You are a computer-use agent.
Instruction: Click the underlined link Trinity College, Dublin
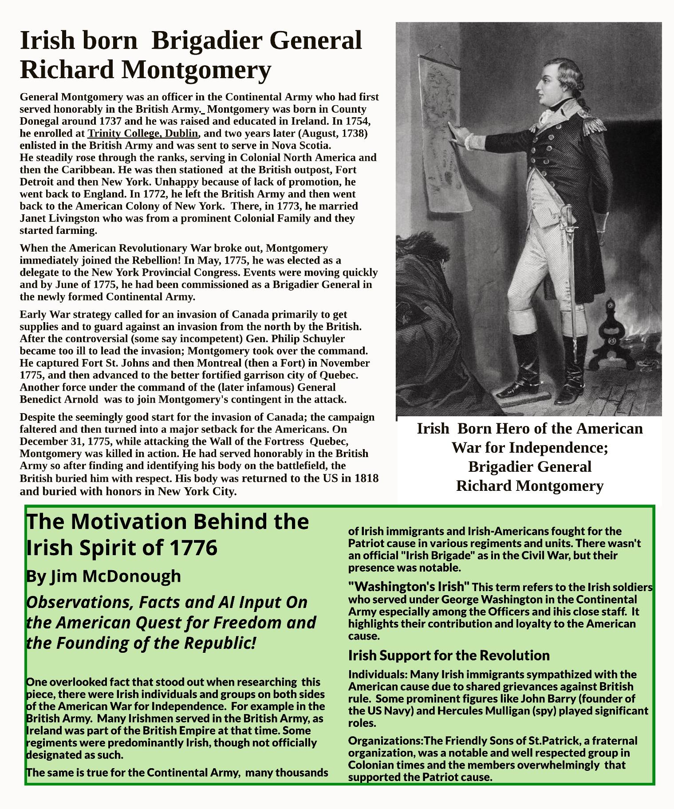point(143,134)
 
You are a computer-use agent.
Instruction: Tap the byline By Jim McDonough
point(103,576)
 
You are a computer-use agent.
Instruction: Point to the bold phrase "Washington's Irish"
point(408,587)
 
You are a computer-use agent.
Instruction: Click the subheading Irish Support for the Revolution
point(449,655)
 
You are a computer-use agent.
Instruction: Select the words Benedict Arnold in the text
point(59,399)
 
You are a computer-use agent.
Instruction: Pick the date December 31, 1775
point(60,442)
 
